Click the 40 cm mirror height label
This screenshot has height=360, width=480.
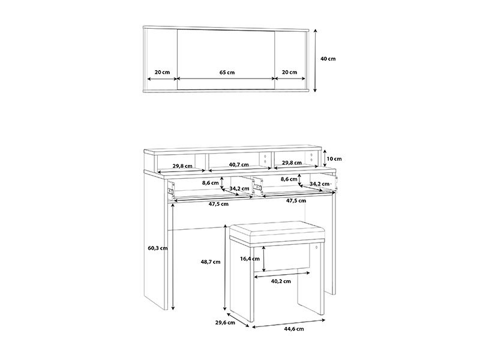328,59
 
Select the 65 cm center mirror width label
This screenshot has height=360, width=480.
227,72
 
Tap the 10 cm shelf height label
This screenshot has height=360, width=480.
334,158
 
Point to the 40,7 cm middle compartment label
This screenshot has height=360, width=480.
239,164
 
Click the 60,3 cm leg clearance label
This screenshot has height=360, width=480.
158,248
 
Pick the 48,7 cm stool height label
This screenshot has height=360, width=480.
211,262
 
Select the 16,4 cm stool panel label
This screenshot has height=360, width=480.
250,259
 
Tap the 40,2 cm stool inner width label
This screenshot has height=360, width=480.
281,281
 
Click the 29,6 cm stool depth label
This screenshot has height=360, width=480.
225,322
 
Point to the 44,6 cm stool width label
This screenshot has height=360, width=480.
294,329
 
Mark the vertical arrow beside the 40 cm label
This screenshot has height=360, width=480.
315,61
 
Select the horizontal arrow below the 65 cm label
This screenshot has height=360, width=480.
226,79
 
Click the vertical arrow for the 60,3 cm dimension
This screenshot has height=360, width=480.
173,257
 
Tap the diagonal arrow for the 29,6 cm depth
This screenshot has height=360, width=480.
238,320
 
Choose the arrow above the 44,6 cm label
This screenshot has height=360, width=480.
289,323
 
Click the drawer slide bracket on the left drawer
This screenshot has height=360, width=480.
170,191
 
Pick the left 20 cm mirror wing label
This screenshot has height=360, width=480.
162,72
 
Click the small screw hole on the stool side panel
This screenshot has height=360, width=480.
317,247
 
